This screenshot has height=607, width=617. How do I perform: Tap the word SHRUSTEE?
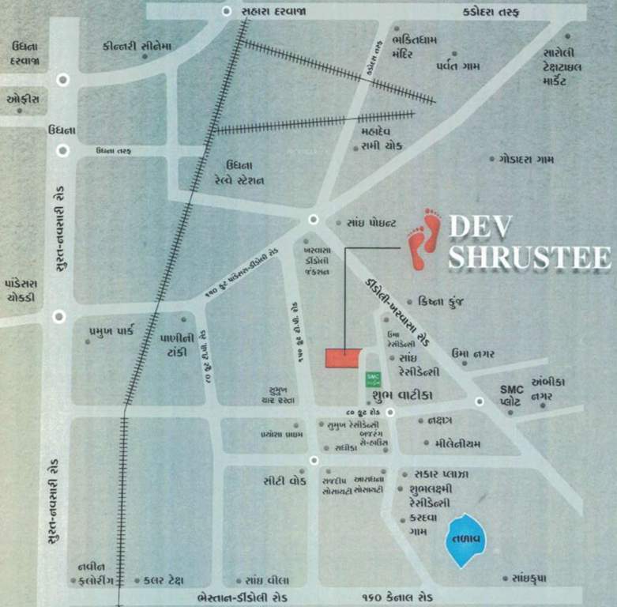(529, 257)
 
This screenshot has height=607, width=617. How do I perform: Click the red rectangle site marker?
(344, 357)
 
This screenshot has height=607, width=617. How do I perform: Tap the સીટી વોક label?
(285, 479)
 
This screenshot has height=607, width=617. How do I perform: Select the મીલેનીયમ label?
(451, 443)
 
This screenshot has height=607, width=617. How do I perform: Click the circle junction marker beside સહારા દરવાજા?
(228, 11)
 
